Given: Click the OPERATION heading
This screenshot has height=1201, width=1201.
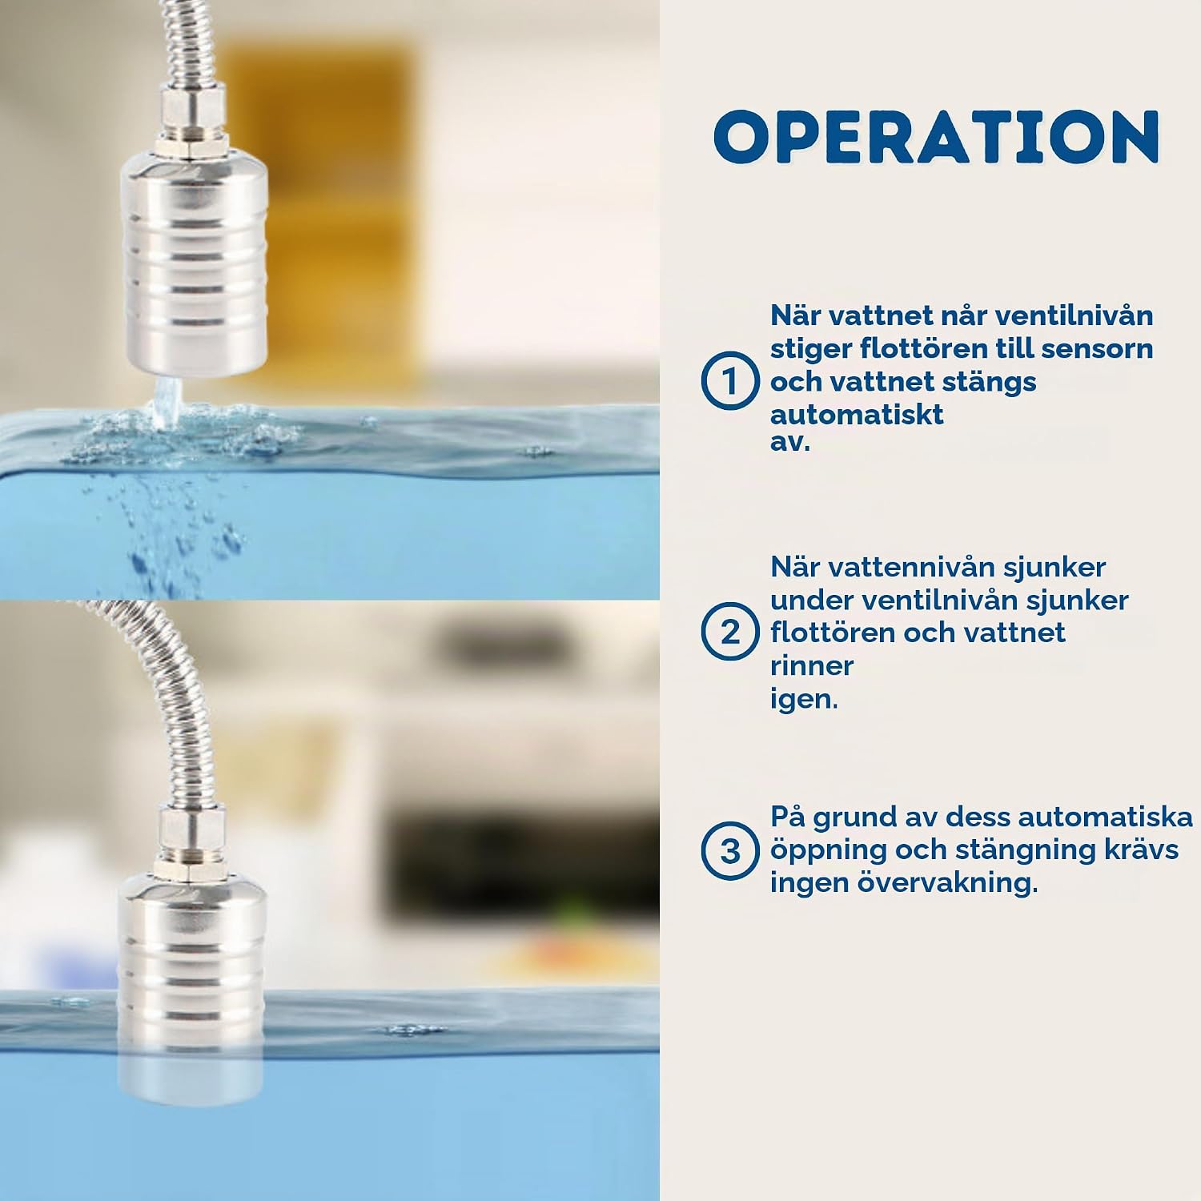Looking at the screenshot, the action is point(937,136).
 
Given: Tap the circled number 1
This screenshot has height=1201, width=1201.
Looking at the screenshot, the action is point(729,380).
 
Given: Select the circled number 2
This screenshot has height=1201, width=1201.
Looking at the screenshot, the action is point(729,632).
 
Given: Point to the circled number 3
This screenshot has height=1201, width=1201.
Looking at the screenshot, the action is point(729,850).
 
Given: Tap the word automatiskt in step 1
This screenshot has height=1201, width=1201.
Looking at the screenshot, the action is point(857,415).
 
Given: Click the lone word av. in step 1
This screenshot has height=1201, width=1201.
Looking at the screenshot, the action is point(790,441).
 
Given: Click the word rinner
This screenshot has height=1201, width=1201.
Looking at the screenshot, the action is point(812,665).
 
